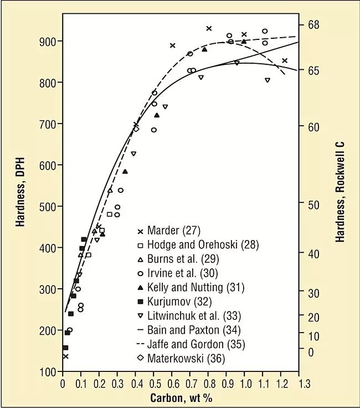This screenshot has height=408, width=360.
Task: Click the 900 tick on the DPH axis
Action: click(49, 42)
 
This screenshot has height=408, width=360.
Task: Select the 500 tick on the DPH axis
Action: click(49, 207)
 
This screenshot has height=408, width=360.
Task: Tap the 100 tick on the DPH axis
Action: click(49, 372)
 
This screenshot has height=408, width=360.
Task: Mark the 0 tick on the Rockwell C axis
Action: click(311, 352)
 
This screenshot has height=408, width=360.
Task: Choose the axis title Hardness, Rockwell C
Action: click(340, 191)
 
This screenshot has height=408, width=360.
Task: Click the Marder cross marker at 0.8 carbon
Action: click(209, 28)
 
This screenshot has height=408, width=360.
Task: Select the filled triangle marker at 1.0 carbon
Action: click(244, 41)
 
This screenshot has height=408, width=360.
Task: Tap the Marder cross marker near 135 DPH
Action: click(66, 356)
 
